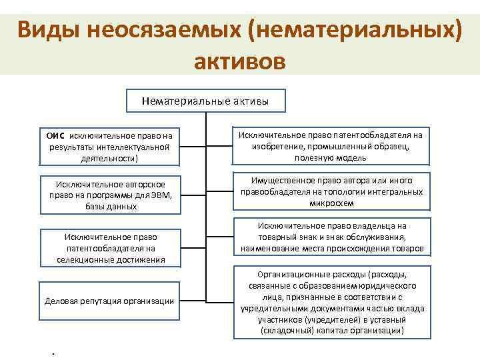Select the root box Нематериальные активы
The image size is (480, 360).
coord(205,101)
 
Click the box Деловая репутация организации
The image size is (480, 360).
coord(109,301)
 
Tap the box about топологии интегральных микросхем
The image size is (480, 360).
coord(331,191)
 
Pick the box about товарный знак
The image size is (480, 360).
coord(331,237)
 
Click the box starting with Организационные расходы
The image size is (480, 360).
coord(331,302)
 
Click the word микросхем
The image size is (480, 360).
coord(331,202)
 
